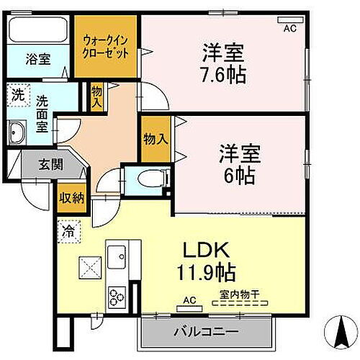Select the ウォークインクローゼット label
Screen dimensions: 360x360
click(106, 47)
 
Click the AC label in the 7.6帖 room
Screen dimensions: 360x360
click(289, 28)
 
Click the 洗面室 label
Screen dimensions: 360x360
click(42, 112)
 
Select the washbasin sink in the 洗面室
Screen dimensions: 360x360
click(17, 132)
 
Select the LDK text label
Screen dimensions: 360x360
click(205, 252)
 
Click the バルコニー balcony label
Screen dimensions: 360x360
click(205, 333)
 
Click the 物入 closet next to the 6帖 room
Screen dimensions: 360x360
click(156, 139)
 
